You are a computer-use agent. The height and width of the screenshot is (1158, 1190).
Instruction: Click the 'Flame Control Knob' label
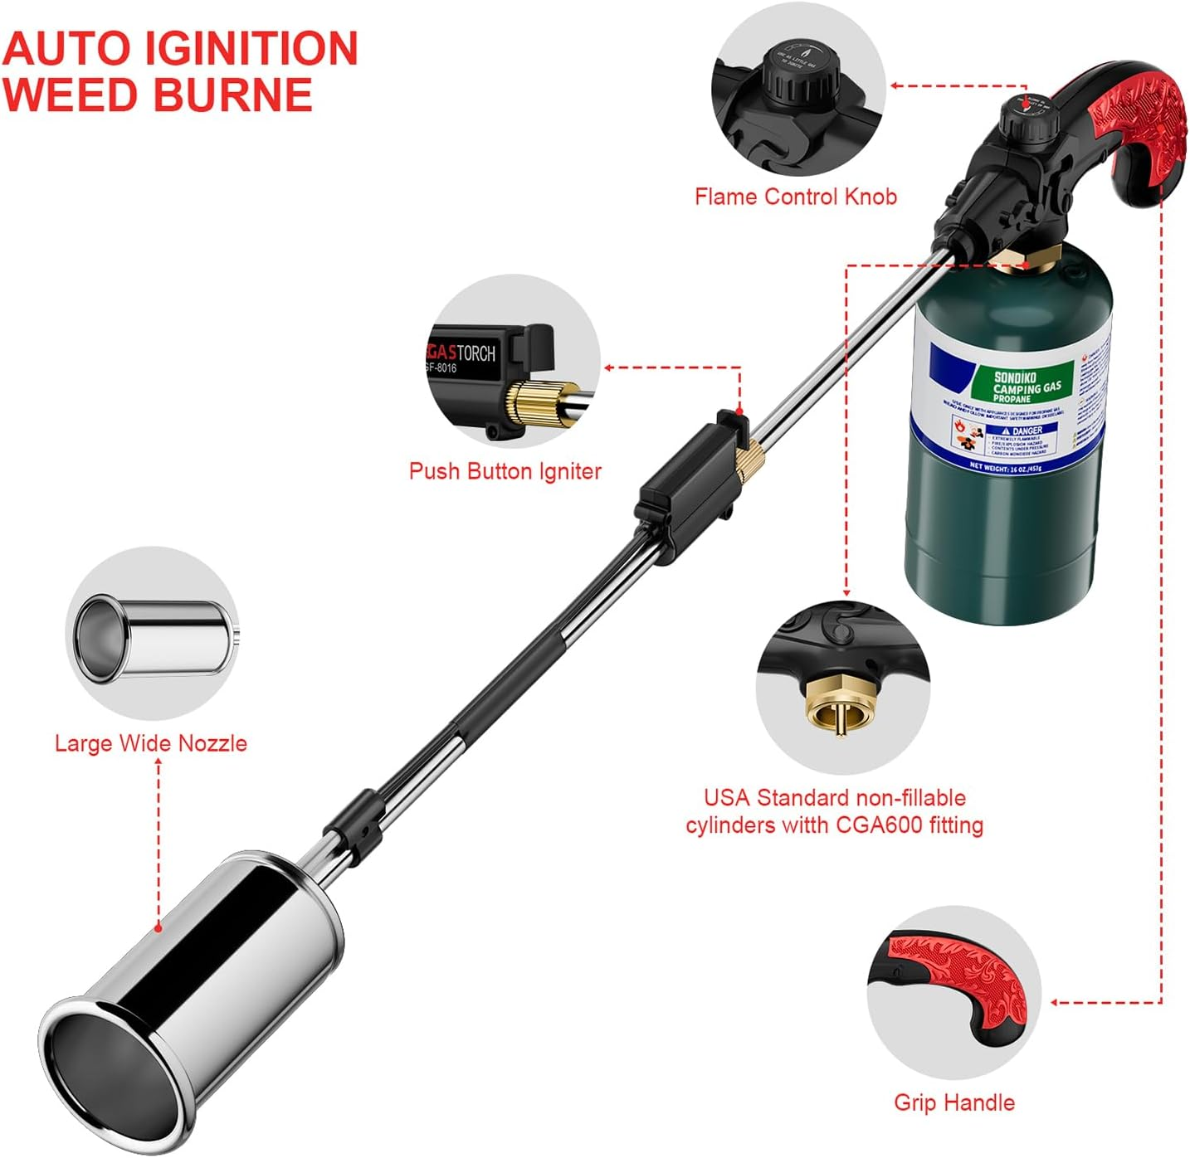pos(795,197)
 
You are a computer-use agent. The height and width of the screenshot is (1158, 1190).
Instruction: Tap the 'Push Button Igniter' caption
pos(505,471)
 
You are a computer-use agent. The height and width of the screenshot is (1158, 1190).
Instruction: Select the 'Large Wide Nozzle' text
pos(150,742)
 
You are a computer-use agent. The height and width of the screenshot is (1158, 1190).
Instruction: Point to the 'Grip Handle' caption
pos(953,1102)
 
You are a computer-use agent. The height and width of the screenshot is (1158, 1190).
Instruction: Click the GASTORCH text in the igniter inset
pos(461,353)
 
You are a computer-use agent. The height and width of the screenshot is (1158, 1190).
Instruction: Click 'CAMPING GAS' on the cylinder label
pos(1027,387)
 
